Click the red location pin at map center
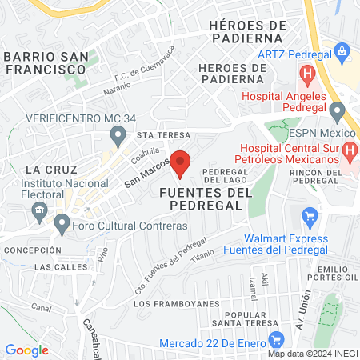click(x=181, y=164)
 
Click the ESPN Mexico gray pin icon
click(x=338, y=110)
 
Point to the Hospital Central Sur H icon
click(x=349, y=149)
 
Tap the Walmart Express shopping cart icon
click(x=310, y=216)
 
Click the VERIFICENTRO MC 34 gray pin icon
click(x=118, y=135)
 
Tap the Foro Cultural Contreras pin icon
click(x=62, y=226)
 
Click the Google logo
click(x=26, y=350)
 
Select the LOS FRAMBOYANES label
click(x=165, y=305)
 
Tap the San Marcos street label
click(x=146, y=172)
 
